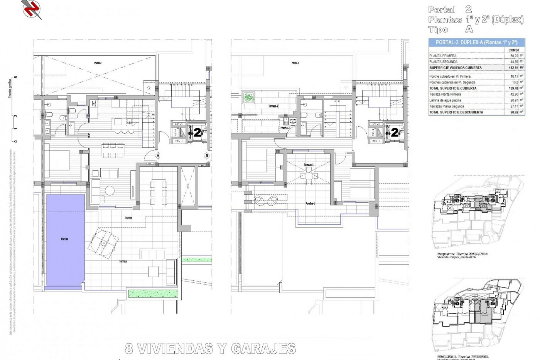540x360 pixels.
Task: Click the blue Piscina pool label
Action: pos(64,239)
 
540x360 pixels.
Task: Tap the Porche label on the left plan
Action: pos(128,218)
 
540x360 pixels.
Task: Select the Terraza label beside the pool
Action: pos(123,261)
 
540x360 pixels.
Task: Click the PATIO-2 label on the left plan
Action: pos(98,63)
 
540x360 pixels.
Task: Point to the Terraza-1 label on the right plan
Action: pos(309,165)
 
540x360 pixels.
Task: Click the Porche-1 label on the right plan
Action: pos(310,203)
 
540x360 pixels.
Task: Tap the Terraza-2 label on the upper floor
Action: pos(273,106)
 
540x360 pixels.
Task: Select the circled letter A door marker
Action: pos(158,156)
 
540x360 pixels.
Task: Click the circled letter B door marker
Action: pos(207,156)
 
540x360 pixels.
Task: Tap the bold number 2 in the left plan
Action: pos(198,132)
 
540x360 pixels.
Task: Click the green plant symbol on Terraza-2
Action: pos(248,98)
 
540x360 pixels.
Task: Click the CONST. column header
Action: pos(514,50)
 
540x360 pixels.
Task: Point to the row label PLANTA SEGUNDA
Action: pos(443,62)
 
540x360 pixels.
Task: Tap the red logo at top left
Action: pos(31,9)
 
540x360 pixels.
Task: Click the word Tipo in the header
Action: pos(438,30)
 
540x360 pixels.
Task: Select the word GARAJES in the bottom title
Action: pos(264,349)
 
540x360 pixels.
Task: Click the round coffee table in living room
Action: pos(110,191)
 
